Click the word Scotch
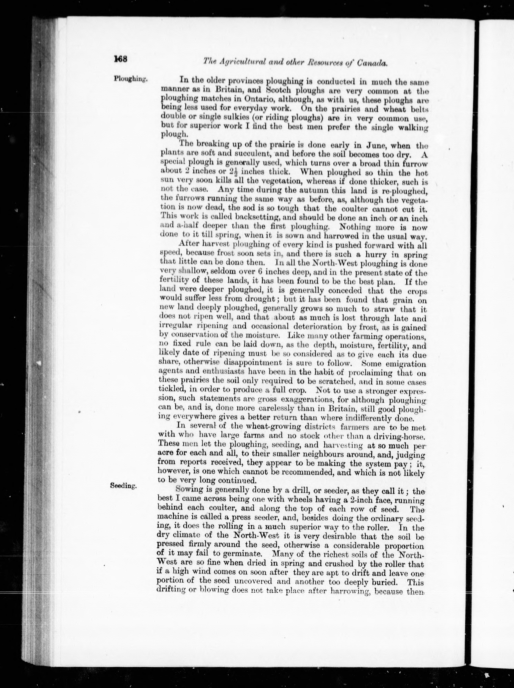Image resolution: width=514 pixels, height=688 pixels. click(279, 91)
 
